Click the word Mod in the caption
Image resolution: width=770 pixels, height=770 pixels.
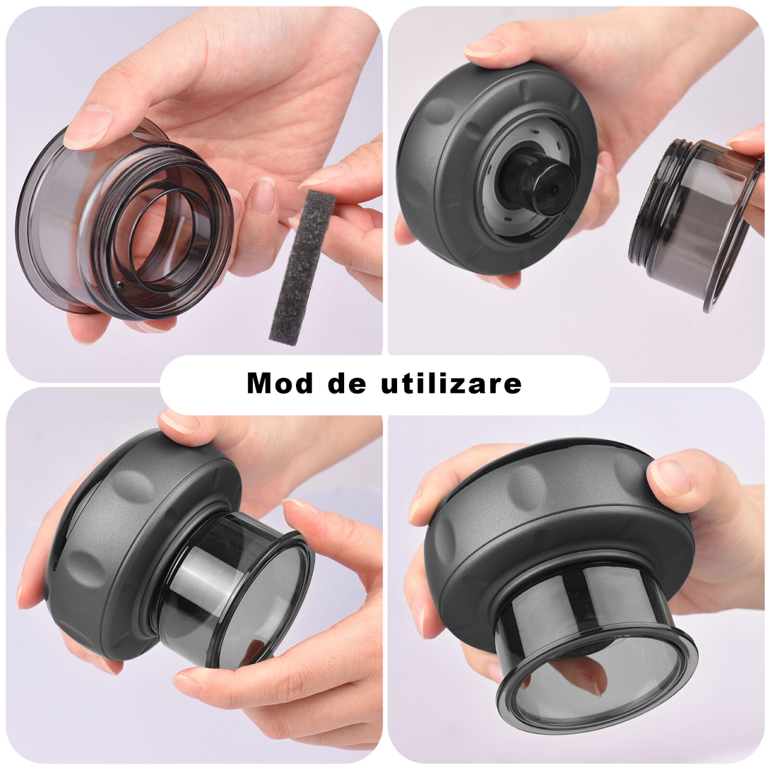pos(279,383)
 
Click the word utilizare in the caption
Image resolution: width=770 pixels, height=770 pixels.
pos(451,383)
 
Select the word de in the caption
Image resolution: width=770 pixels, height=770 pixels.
pos(346,383)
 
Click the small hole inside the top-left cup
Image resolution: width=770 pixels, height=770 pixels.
pos(119,285)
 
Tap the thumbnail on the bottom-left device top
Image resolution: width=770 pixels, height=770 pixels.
pos(179,424)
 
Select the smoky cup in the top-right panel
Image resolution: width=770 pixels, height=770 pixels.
pos(695,224)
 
